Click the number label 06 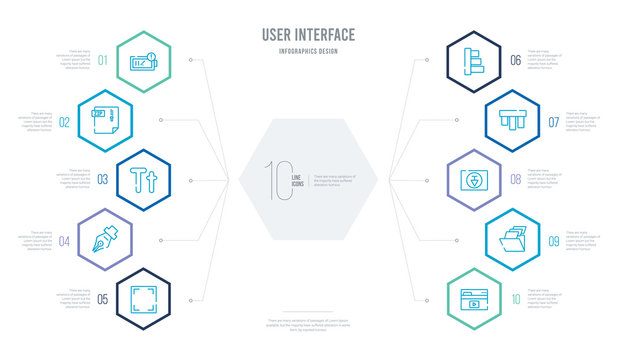tap(515, 61)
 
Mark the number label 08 tap(515, 181)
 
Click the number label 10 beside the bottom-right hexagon tap(515, 298)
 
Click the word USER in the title tap(281, 36)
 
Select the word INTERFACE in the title tap(331, 36)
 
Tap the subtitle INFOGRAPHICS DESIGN tap(308, 51)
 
